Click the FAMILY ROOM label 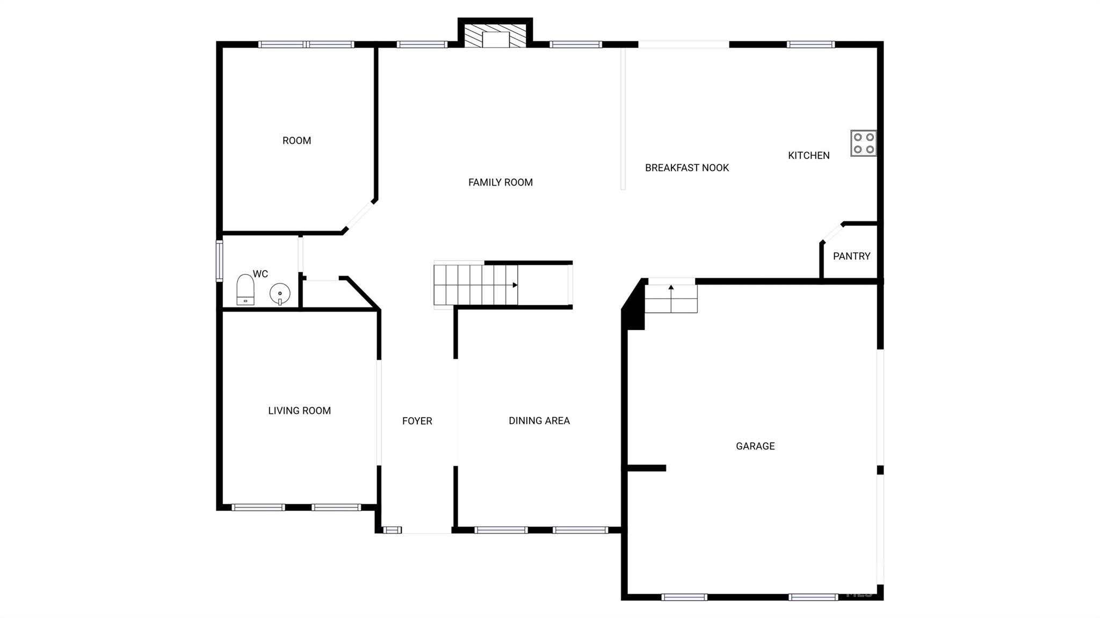(500, 183)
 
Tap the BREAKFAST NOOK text (686, 168)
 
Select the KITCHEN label (808, 156)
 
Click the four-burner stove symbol (863, 143)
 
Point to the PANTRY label (851, 256)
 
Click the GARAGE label (755, 446)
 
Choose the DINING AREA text (539, 421)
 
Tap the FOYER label (417, 421)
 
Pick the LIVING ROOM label (299, 411)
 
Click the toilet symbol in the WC (245, 290)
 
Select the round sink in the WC (280, 293)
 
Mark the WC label (260, 274)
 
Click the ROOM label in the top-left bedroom (296, 141)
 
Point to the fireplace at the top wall (495, 36)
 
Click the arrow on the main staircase (515, 285)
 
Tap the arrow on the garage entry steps (671, 288)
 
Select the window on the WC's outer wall (219, 261)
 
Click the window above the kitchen (810, 45)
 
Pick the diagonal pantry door (832, 233)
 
